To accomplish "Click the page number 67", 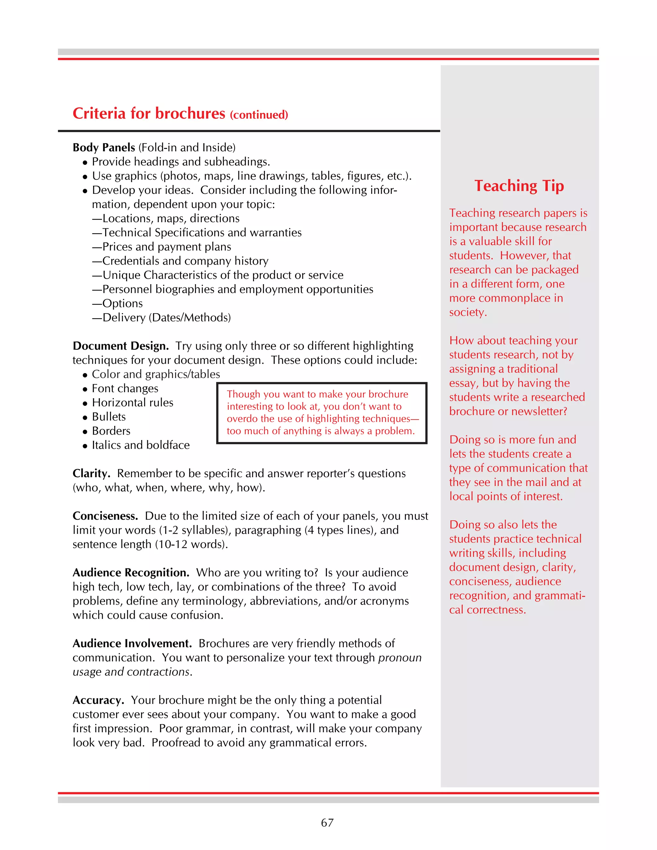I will point(327,822).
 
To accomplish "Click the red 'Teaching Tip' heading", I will point(519,186).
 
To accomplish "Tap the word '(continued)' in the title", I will point(259,115).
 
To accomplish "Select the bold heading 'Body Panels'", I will point(104,148).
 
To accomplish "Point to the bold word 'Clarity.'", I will point(91,473).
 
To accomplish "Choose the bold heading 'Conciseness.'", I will point(105,516).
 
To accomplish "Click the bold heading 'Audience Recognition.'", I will point(131,573).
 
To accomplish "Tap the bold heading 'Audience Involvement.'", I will point(132,643).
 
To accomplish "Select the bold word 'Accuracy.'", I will point(98,700).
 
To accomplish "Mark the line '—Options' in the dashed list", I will point(117,303).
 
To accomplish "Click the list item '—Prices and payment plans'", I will point(162,247).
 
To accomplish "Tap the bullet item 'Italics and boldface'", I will point(141,445).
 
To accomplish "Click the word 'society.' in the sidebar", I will point(468,312).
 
